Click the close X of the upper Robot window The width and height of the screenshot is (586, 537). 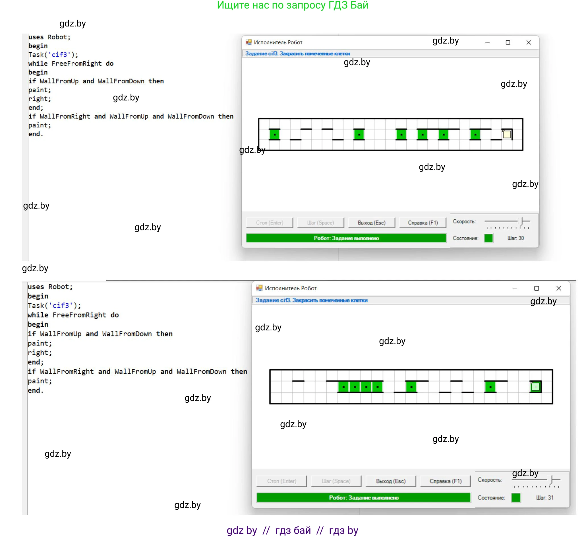click(x=529, y=42)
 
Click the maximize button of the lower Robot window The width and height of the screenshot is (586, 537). click(x=537, y=288)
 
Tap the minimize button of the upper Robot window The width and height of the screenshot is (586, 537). click(x=487, y=42)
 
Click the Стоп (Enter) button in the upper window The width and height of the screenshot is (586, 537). click(x=270, y=223)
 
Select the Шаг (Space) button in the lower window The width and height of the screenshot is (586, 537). click(x=336, y=482)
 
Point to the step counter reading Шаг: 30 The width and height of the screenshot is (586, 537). click(x=516, y=238)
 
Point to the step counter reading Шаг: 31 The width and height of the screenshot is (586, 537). click(x=545, y=498)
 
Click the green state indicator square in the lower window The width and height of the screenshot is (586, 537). click(x=516, y=498)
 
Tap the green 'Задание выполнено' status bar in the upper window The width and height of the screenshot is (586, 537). click(x=346, y=238)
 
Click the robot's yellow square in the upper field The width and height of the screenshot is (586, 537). click(x=507, y=134)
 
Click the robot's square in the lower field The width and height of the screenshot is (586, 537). click(x=535, y=387)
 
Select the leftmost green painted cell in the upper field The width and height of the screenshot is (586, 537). click(x=275, y=135)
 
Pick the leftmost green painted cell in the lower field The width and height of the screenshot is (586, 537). click(x=343, y=387)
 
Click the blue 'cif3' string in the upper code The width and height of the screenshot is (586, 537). click(x=60, y=55)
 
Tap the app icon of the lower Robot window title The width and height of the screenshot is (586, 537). click(x=259, y=288)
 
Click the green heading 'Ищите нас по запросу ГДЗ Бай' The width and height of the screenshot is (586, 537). click(x=293, y=5)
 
